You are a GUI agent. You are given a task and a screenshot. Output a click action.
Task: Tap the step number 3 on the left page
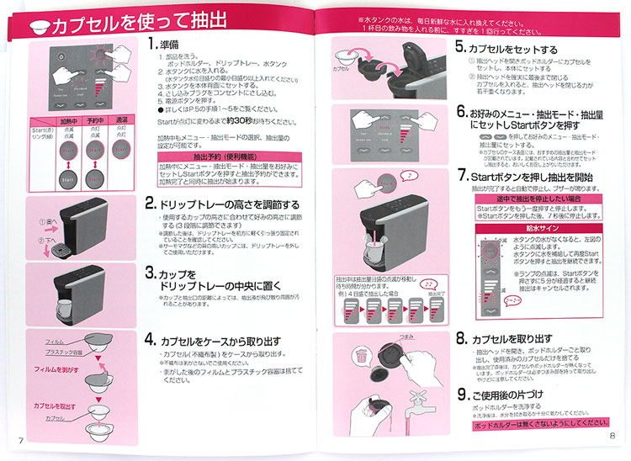[150, 273]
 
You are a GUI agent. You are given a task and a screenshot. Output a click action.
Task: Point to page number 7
[20, 442]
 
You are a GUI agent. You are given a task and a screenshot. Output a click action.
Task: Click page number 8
[613, 436]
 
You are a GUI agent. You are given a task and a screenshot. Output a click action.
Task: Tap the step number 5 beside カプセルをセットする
[461, 49]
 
